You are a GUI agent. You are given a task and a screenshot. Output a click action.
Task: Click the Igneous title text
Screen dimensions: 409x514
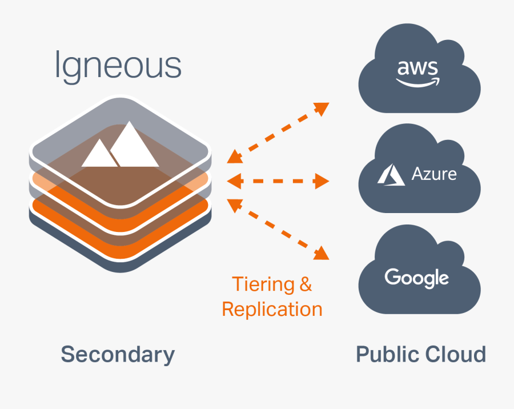click(118, 66)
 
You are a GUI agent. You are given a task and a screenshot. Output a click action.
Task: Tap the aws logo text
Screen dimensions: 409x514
click(418, 69)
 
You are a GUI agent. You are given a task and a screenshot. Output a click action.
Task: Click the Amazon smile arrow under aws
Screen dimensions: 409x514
click(419, 82)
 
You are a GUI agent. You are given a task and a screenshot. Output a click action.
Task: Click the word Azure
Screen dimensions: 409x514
click(434, 174)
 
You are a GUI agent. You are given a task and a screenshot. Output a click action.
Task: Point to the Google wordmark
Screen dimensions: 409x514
click(417, 279)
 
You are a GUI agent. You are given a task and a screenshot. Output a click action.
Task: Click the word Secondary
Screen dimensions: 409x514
click(118, 354)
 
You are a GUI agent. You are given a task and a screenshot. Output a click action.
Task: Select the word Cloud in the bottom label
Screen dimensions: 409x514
click(455, 354)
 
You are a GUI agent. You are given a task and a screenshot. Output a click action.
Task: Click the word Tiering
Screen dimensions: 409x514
click(263, 284)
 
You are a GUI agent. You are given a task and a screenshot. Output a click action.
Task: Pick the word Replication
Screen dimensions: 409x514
click(272, 310)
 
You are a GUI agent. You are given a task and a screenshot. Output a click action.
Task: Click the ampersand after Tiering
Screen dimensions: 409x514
click(306, 284)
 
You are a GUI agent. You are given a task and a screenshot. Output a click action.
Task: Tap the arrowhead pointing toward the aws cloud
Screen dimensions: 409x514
click(323, 108)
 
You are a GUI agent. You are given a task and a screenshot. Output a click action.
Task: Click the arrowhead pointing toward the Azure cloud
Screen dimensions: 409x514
click(323, 182)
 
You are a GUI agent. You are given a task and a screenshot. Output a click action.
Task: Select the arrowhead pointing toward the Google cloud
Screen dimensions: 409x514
click(323, 253)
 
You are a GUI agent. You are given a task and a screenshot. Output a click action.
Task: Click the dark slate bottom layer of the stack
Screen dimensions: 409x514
click(120, 260)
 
